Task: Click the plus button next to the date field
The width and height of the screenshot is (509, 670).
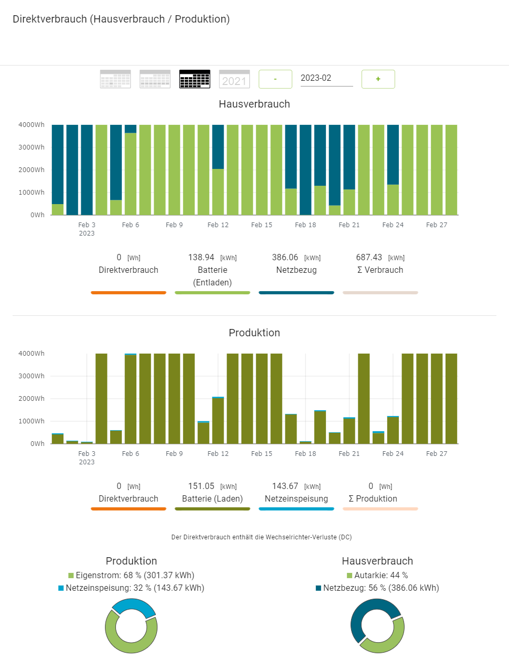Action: coord(378,79)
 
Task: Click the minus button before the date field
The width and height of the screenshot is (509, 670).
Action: coord(275,79)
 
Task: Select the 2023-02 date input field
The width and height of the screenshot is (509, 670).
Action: coord(326,78)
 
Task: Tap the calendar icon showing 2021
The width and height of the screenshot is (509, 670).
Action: coord(234,79)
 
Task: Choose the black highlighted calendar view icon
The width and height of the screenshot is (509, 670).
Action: coord(195,79)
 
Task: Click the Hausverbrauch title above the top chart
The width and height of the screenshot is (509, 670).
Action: coord(254,104)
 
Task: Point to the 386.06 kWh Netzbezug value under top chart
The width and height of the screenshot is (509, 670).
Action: coord(285,258)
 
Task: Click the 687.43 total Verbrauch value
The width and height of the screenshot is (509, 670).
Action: coord(369,258)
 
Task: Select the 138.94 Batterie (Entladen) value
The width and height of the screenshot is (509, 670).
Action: coord(202,258)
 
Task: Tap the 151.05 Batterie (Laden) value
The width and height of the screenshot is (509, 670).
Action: coord(202,486)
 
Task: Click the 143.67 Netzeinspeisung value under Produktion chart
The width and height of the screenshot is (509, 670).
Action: coord(285,486)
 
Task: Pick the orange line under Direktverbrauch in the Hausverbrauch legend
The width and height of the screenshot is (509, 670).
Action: coord(129,293)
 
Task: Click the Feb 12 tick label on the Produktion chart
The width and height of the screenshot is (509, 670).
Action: coord(218,454)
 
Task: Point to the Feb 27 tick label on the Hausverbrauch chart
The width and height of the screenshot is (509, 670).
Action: coord(437,225)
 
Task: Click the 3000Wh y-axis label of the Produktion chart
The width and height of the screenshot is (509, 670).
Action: coord(31,376)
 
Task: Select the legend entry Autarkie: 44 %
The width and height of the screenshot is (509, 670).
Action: coord(377,576)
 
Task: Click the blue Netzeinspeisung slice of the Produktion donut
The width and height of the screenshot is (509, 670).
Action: coord(134,607)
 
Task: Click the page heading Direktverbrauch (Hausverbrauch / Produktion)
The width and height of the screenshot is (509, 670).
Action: coord(121,19)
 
